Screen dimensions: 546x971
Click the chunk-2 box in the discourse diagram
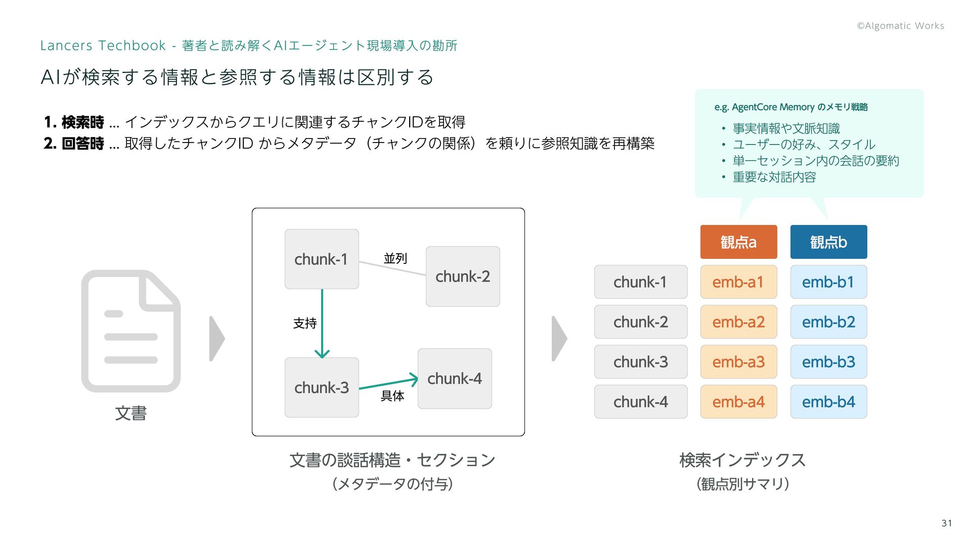pos(463,277)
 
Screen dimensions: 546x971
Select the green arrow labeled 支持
pos(322,324)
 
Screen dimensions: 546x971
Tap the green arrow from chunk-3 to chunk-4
pos(388,383)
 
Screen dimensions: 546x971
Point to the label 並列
pos(395,258)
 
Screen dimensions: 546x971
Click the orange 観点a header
pos(738,242)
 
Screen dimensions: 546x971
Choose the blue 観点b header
pos(828,242)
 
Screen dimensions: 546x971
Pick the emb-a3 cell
pos(738,362)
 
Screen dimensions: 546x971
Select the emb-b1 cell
pos(828,282)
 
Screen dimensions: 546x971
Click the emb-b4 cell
pos(828,402)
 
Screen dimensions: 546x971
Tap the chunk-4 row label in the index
pos(641,402)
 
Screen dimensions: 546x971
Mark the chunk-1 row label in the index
pos(641,282)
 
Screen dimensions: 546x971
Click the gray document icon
pos(131,331)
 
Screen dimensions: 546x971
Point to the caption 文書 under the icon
pos(131,414)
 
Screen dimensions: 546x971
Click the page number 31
pos(947,523)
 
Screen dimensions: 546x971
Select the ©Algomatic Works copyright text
pos(900,26)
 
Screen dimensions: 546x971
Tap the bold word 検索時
pos(82,122)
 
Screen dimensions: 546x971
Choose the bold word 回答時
pos(82,144)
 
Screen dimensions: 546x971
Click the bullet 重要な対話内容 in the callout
pos(774,177)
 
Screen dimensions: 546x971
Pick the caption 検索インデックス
pos(742,460)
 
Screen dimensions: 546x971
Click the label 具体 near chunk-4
pos(392,396)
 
